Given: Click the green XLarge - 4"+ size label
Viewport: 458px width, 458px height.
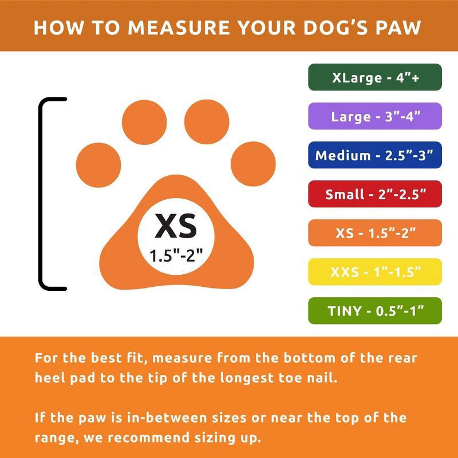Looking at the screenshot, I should [x=375, y=77].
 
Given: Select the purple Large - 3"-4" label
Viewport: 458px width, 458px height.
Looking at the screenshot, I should [x=375, y=116].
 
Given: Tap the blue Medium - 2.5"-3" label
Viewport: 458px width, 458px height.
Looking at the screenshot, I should [x=375, y=155].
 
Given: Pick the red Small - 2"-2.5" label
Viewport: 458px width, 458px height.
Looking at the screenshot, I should [x=375, y=194].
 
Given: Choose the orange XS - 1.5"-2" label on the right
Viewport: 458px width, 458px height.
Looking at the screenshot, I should [x=375, y=233].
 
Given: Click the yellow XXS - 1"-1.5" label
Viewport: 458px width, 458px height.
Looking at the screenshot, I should [x=375, y=272].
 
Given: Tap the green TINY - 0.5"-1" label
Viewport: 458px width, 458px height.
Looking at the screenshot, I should [x=375, y=311].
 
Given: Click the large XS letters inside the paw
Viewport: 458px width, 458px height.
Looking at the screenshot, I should [x=176, y=226].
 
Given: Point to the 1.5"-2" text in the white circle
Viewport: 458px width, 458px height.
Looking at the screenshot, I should [x=176, y=255].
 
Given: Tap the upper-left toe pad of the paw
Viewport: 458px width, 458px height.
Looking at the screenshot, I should [x=144, y=121].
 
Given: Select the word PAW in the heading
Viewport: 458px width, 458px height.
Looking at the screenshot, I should [x=398, y=27].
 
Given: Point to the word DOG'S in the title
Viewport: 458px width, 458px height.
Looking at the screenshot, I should [x=334, y=27].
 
